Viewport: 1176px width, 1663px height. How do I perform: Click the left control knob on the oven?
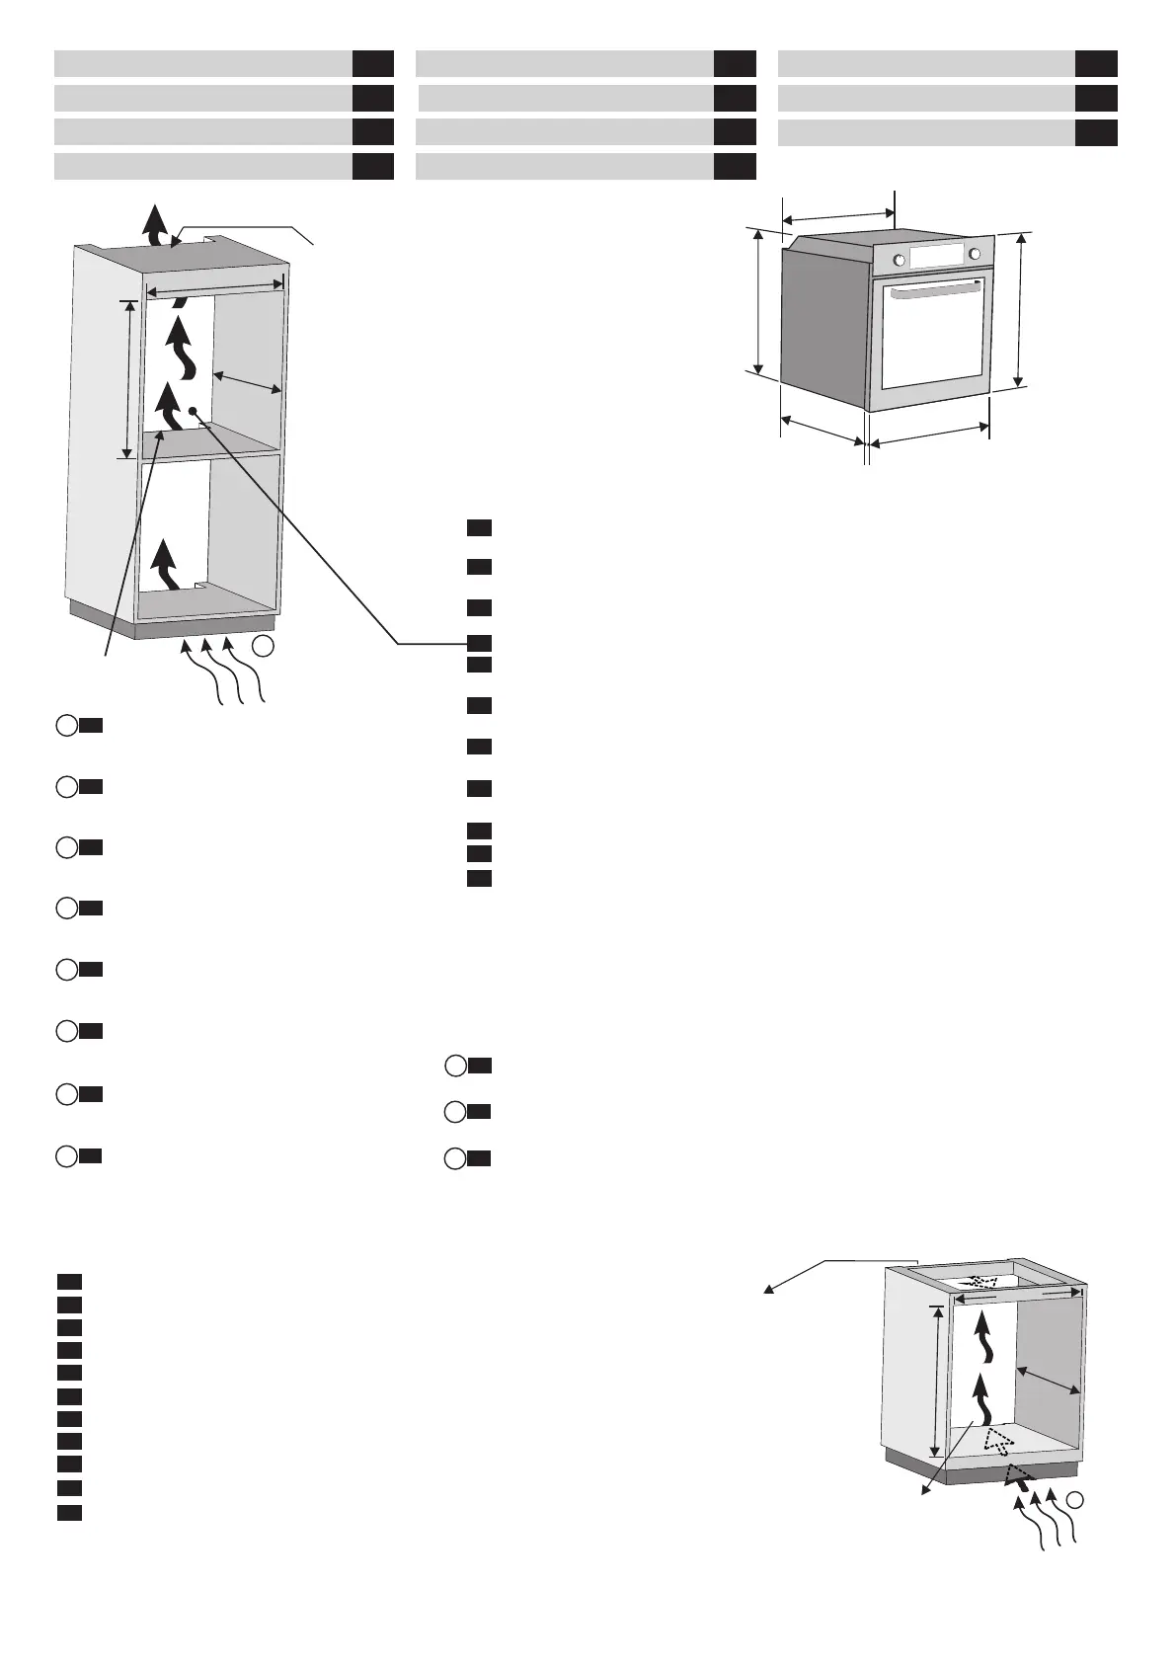pos(899,260)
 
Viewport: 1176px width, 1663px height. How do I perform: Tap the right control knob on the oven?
pos(976,254)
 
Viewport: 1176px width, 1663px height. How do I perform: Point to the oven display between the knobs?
pos(937,257)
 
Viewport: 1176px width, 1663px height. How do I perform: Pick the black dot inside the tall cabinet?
pos(194,411)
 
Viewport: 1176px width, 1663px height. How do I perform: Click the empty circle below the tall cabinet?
pos(262,648)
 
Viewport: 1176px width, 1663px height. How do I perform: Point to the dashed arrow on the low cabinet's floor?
pos(998,1440)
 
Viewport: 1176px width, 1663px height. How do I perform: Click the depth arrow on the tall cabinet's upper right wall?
pos(249,382)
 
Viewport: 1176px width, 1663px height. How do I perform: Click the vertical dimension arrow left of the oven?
pos(758,300)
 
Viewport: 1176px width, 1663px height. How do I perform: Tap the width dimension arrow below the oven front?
pos(929,435)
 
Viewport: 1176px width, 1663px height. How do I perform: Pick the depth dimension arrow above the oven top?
pos(837,212)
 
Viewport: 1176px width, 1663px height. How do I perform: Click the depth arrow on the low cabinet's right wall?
pos(1049,1380)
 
